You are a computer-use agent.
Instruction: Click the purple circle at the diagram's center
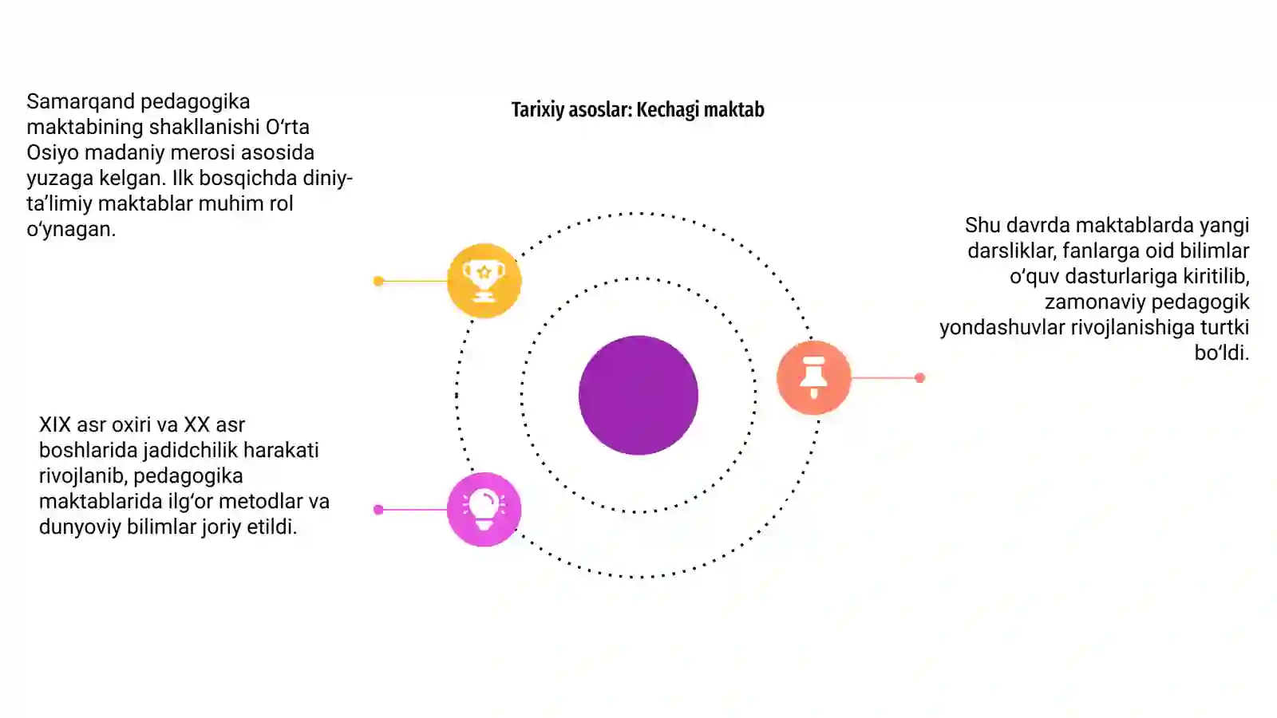click(x=638, y=396)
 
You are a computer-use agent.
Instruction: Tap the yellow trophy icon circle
click(x=484, y=280)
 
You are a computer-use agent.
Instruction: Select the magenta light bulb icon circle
click(x=484, y=510)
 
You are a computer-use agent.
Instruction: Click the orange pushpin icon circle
click(x=813, y=377)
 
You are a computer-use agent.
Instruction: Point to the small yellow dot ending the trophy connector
click(x=378, y=281)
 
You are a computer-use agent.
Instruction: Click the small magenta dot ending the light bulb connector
click(x=378, y=510)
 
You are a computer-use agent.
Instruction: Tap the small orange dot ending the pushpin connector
click(x=919, y=378)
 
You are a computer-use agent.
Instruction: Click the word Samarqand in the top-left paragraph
click(x=80, y=102)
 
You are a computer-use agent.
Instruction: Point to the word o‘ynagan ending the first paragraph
click(x=71, y=230)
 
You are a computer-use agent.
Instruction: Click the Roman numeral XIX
click(x=55, y=424)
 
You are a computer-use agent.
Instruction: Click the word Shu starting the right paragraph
click(x=982, y=226)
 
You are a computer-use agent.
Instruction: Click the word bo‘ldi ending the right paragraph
click(x=1222, y=353)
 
